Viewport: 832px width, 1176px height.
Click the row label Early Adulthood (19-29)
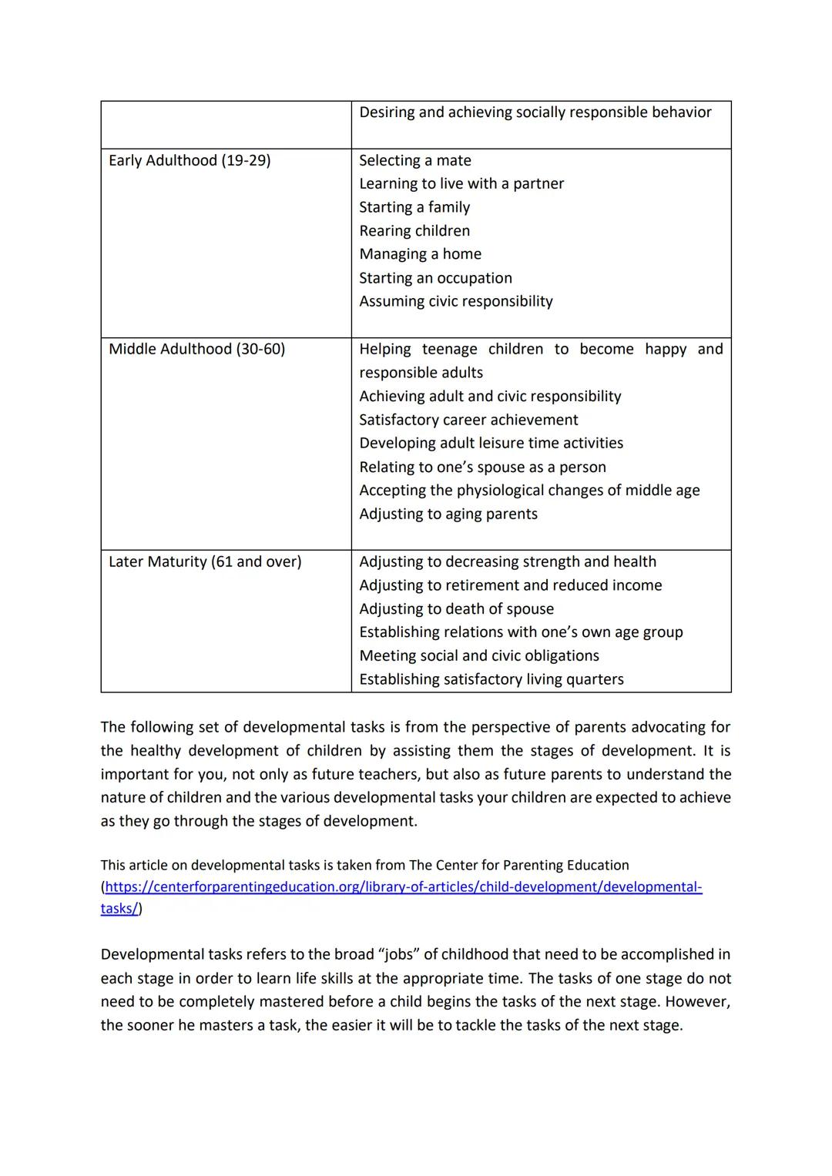pos(190,160)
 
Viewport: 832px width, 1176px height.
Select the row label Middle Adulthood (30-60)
pos(196,349)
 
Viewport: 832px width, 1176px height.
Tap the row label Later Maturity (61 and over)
pos(205,561)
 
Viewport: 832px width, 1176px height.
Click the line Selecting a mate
pos(414,160)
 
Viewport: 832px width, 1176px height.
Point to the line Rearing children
pos(414,231)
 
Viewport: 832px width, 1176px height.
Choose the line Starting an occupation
pos(435,278)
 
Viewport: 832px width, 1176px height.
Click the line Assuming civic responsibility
pos(455,301)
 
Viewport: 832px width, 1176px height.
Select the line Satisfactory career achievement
pos(468,420)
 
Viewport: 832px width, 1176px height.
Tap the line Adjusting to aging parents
pos(448,514)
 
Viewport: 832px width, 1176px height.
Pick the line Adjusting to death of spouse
pos(456,608)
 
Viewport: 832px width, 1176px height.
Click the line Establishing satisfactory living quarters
pos(491,679)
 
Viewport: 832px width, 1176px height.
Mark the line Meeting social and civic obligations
pos(478,655)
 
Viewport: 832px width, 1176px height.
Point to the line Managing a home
pos(420,254)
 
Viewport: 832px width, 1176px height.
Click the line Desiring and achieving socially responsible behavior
pos(535,112)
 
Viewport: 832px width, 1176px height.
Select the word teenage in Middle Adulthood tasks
pos(449,349)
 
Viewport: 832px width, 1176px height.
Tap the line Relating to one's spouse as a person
pos(482,467)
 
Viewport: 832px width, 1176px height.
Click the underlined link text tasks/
pos(119,908)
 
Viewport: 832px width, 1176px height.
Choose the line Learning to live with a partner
pos(461,183)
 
